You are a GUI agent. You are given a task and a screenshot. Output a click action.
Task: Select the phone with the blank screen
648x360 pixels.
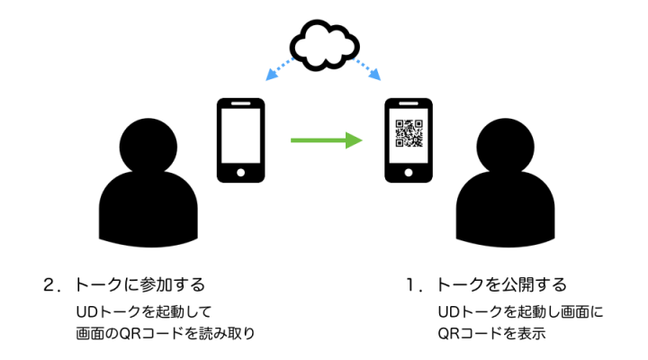(x=240, y=139)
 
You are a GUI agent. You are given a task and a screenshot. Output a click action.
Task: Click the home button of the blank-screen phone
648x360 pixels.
(x=240, y=172)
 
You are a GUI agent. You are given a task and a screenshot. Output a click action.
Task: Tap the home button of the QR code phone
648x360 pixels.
(x=409, y=172)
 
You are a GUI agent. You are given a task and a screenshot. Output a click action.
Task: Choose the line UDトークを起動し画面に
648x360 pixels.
(x=514, y=312)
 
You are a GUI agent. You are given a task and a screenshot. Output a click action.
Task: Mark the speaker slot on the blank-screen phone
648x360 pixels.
(x=240, y=105)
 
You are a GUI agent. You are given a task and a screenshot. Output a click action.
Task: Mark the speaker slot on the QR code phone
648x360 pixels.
(x=409, y=105)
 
